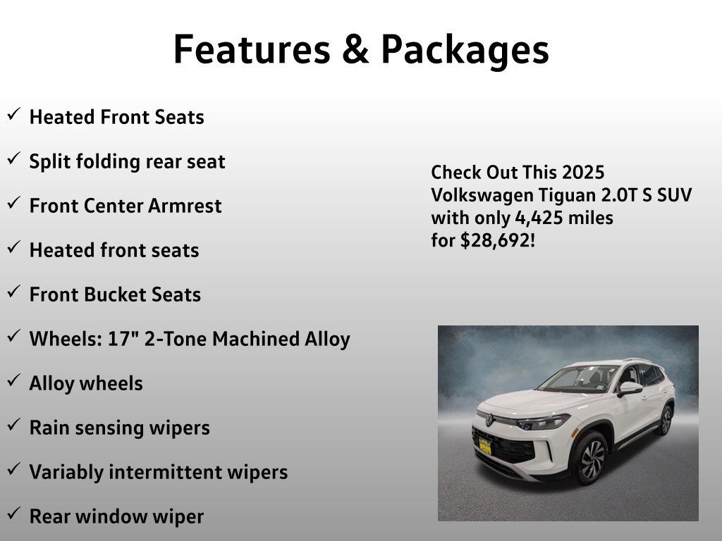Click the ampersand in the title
pos(355,49)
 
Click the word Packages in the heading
pos(465,51)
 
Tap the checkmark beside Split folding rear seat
pos(14,158)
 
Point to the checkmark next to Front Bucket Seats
pos(14,291)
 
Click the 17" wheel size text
pos(123,339)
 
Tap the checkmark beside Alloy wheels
pos(14,380)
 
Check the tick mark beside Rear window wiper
pos(14,513)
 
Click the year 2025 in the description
pos(583,172)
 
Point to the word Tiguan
pos(568,196)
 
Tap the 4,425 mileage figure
pos(539,218)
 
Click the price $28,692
pos(495,240)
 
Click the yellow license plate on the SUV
pos(485,446)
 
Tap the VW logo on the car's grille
pos(489,420)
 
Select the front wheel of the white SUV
pos(591,458)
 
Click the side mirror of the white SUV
pos(630,389)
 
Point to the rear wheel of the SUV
pos(666,421)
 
